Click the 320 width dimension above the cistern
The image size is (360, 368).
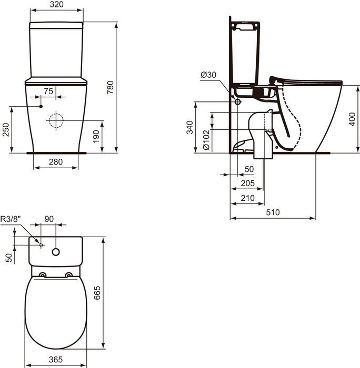(56, 5)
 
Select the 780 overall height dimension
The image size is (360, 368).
(110, 87)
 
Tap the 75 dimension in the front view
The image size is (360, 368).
(48, 91)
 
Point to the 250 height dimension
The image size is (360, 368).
(5, 130)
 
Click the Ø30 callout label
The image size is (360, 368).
(208, 75)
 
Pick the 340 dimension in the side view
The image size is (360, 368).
(189, 127)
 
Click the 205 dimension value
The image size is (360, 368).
(247, 183)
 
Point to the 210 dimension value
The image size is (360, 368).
(247, 198)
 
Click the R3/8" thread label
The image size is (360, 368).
(10, 220)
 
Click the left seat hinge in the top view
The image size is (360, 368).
(43, 275)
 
